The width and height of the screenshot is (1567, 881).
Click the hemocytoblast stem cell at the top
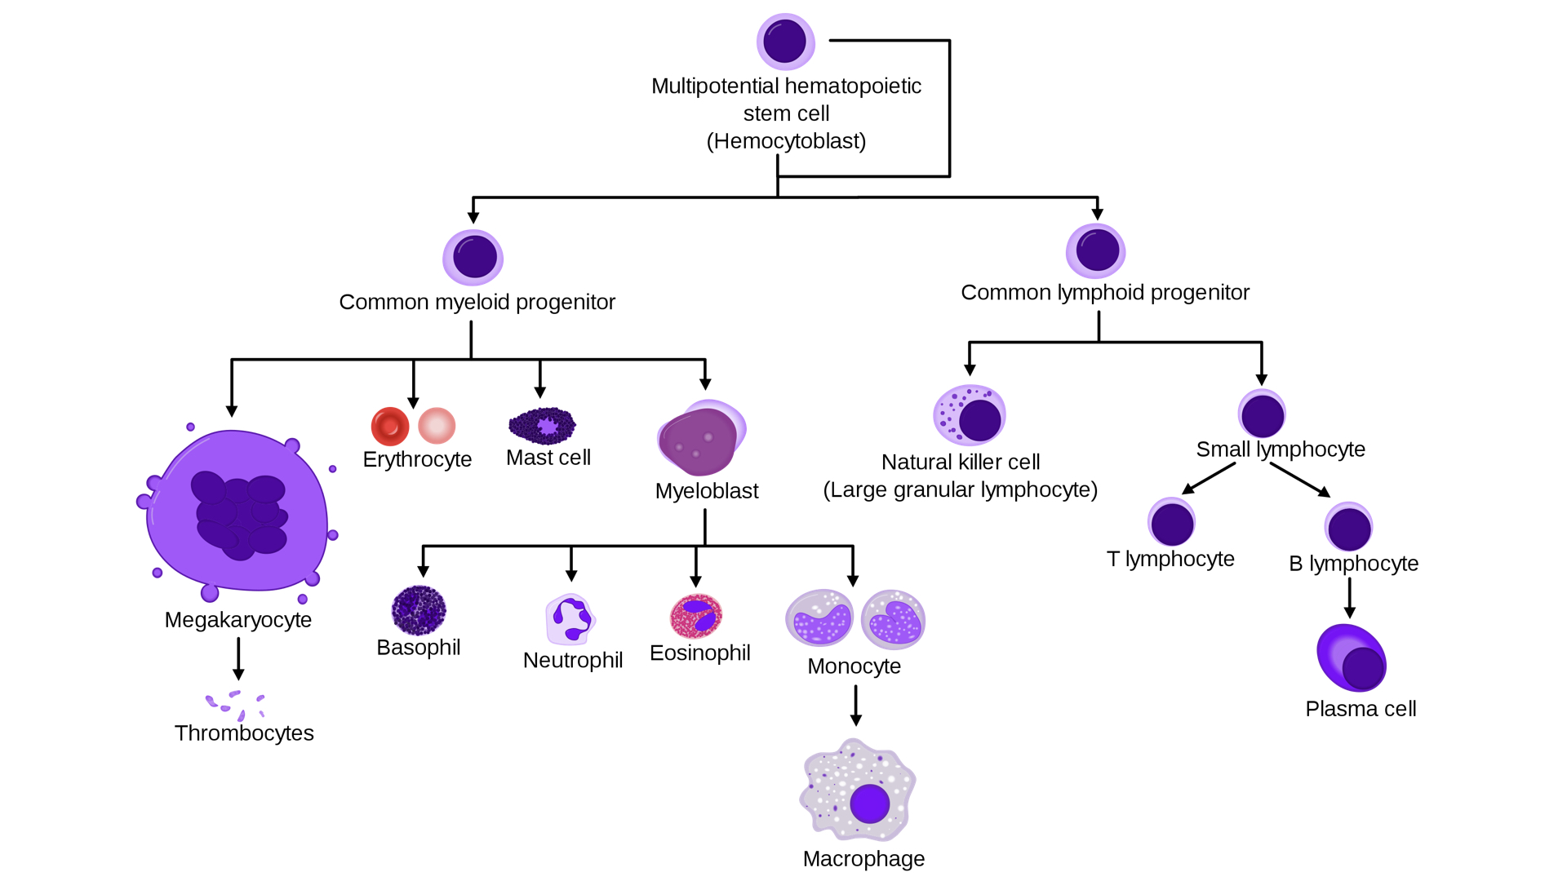point(785,42)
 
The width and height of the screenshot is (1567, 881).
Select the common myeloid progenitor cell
point(473,258)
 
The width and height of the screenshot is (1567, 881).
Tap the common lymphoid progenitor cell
point(1096,250)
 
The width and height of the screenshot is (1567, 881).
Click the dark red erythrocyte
point(390,426)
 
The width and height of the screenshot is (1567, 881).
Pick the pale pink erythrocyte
point(437,426)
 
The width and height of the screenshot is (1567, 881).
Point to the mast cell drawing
point(542,425)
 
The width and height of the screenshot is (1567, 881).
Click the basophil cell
point(419,610)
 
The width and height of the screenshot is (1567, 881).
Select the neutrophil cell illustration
point(570,619)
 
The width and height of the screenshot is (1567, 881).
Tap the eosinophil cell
point(696,616)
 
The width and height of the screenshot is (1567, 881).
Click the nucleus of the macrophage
point(869,804)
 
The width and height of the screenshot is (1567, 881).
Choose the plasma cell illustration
point(1352,658)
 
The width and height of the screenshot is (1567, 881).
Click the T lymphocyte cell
point(1172,523)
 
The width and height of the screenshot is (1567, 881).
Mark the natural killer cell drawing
point(970,415)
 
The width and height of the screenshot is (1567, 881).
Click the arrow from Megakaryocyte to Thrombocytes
point(238,658)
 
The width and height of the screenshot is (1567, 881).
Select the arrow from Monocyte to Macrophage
point(855,705)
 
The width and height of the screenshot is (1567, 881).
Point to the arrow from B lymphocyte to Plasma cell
point(1349,598)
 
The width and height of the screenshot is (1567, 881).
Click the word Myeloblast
point(707,491)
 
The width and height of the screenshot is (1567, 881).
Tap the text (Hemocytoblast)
point(786,141)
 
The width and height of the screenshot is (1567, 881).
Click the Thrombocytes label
point(244,733)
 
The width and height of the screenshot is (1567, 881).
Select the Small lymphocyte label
point(1281,449)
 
